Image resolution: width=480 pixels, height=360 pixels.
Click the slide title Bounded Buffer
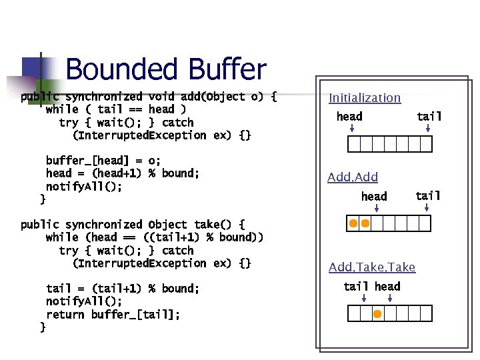click(166, 69)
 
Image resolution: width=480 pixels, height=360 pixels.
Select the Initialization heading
click(365, 98)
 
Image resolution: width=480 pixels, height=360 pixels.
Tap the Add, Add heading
click(353, 177)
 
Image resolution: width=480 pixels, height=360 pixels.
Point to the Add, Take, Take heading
click(372, 267)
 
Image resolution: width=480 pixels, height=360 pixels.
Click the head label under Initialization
click(349, 117)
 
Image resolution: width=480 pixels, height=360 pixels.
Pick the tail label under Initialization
click(429, 117)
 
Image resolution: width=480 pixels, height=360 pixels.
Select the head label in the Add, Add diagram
click(374, 196)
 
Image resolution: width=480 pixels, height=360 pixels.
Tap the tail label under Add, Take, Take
click(355, 287)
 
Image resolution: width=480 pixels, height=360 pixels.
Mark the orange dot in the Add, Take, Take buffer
click(377, 314)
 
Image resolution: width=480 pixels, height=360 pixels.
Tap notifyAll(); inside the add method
click(83, 187)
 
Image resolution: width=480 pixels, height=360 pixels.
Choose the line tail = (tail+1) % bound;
click(122, 289)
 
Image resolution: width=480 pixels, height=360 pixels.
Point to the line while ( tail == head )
click(115, 109)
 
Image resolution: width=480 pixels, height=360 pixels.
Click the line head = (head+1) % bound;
click(122, 173)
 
